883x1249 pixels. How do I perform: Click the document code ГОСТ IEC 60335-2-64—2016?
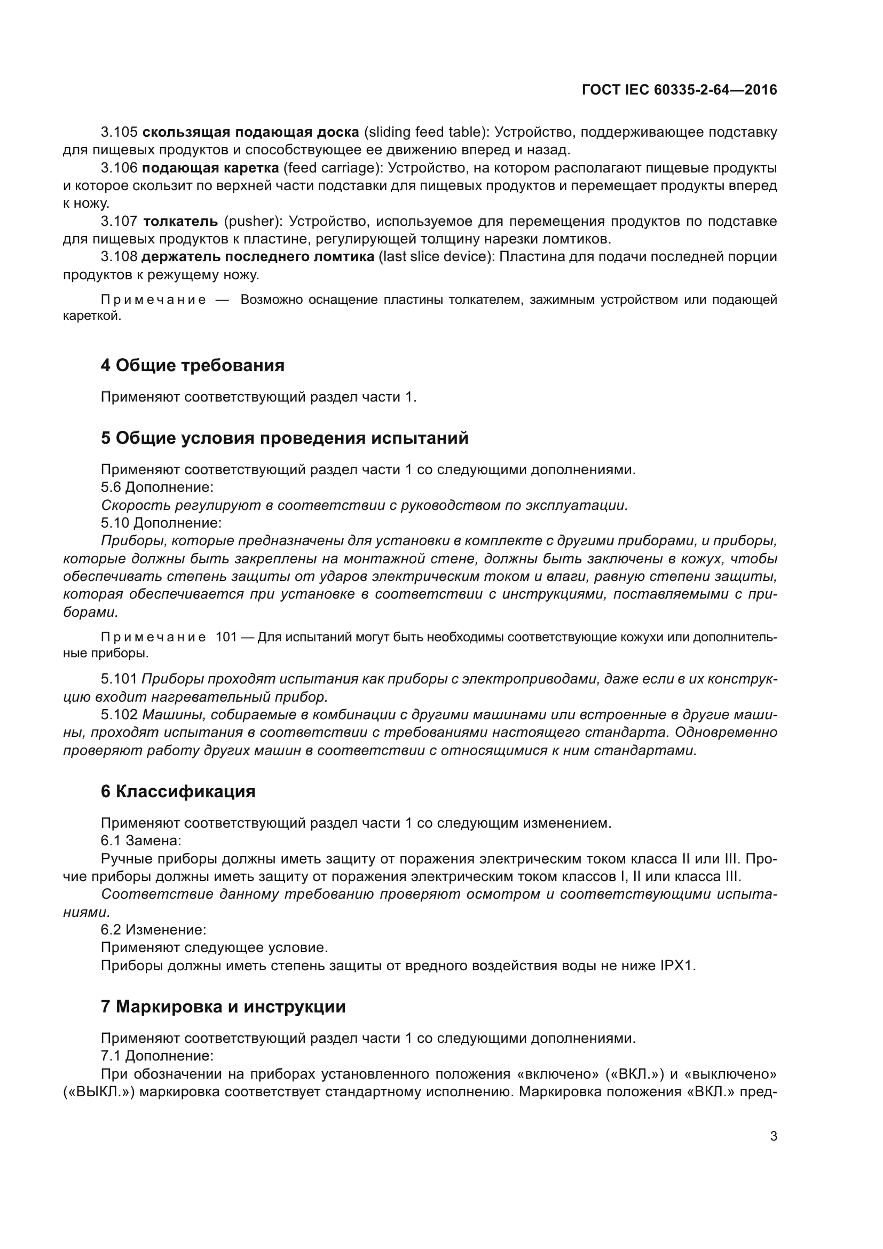[679, 90]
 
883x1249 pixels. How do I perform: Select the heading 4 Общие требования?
[193, 365]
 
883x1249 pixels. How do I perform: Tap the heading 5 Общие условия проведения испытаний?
[285, 437]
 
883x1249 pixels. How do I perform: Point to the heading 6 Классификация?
[178, 791]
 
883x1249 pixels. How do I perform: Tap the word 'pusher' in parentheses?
[253, 222]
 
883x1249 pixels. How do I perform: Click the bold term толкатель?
[180, 222]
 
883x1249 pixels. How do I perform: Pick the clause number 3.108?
[119, 257]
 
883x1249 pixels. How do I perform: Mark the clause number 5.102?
[119, 714]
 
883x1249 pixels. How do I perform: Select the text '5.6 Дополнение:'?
[156, 487]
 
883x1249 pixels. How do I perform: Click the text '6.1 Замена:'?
[141, 840]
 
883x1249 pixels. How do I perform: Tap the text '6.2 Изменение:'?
[153, 930]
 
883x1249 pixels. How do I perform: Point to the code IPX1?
[677, 965]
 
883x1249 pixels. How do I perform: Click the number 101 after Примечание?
[226, 637]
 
